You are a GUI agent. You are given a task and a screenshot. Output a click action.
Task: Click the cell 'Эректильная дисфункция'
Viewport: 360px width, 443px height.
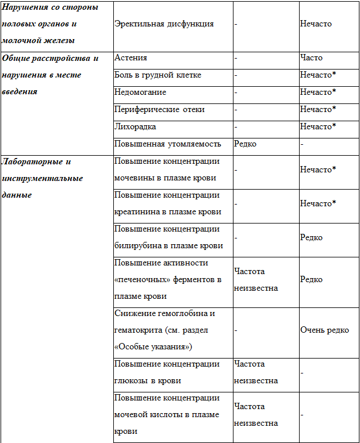point(164,24)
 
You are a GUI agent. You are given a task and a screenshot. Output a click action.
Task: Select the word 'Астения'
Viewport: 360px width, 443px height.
point(131,57)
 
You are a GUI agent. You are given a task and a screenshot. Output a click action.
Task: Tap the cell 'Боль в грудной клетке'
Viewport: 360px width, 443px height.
point(158,75)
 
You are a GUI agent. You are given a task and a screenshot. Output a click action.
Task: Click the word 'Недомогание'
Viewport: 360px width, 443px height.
point(140,92)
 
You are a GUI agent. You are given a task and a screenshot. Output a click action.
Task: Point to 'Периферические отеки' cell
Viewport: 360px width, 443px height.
point(159,109)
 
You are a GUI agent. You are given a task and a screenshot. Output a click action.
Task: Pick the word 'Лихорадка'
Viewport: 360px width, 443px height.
point(135,126)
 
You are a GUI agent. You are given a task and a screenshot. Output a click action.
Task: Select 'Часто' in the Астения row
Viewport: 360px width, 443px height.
point(311,57)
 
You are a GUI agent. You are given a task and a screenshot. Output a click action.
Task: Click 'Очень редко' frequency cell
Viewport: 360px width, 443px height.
point(324,330)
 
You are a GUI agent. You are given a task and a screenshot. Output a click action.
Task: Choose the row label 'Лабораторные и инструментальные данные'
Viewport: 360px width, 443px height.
point(43,178)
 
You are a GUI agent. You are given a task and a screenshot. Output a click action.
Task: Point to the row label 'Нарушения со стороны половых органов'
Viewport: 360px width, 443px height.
point(49,24)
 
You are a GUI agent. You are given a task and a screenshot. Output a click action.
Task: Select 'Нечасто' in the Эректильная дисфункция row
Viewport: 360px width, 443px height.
point(316,24)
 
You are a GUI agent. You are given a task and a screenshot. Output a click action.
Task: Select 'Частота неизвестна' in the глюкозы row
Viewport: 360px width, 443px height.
point(256,372)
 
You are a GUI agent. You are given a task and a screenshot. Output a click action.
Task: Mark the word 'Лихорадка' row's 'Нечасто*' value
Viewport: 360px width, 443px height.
point(317,126)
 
